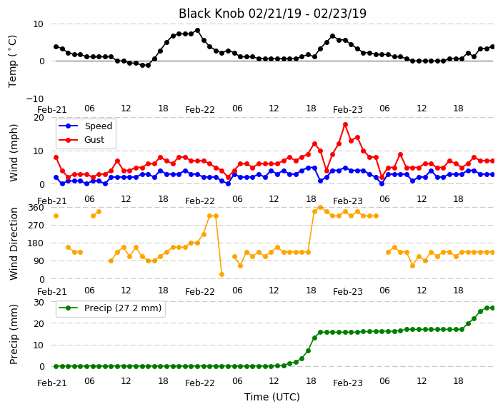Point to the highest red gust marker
[345, 124]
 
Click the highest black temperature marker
[198, 31]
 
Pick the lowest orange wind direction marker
[221, 274]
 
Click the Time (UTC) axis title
[272, 397]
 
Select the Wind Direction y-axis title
[14, 243]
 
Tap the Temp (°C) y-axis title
[13, 61]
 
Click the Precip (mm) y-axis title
[14, 334]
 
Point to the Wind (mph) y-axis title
[14, 153]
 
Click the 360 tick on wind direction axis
[36, 208]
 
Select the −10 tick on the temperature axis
[34, 99]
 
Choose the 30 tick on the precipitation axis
[39, 302]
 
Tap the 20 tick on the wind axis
[39, 118]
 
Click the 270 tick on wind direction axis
[36, 226]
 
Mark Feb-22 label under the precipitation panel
[200, 383]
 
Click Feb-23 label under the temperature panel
[348, 110]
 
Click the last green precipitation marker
[493, 308]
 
